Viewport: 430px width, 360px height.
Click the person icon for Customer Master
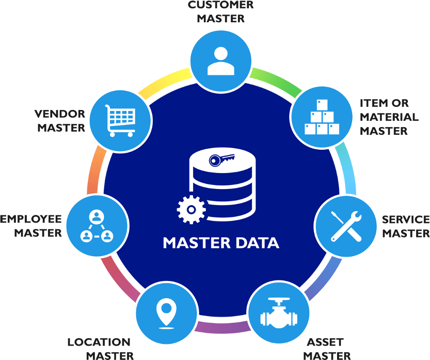[x=220, y=60]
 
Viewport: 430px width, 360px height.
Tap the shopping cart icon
[x=120, y=120]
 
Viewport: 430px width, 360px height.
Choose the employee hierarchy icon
[x=97, y=226]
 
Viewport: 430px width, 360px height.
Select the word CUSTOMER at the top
[x=220, y=6]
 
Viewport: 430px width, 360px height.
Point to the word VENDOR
[x=59, y=113]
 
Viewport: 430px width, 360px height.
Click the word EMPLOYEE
[x=30, y=219]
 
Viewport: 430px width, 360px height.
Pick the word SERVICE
[x=405, y=220]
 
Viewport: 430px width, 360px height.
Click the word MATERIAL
[x=389, y=117]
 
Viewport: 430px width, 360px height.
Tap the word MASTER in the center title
[x=193, y=242]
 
